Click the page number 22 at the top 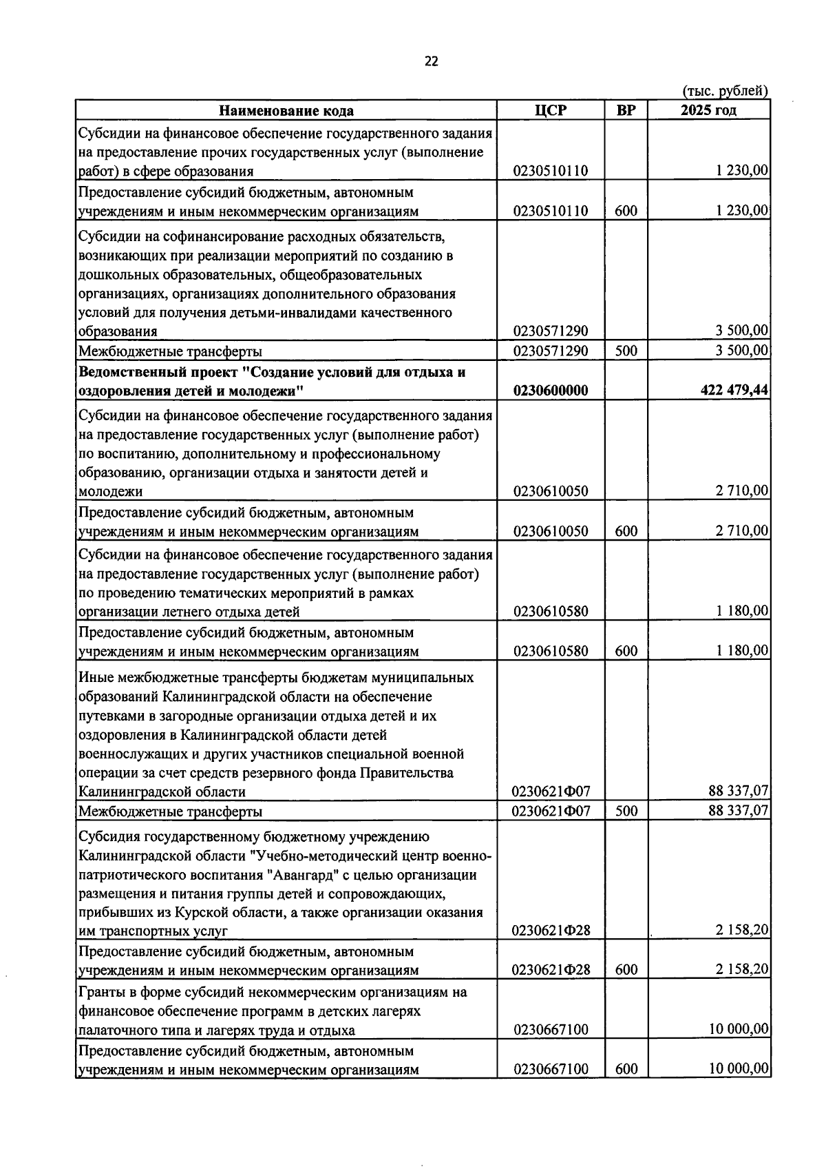click(431, 61)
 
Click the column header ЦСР click(550, 110)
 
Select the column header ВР click(626, 110)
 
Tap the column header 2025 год click(708, 110)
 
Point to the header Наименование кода click(286, 111)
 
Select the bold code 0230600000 click(551, 391)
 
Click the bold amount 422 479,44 click(734, 391)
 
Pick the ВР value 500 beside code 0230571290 click(626, 351)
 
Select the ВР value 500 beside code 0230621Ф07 click(626, 811)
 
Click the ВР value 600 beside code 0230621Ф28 click(626, 970)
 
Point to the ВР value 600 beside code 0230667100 click(626, 1069)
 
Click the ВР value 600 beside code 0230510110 click(626, 211)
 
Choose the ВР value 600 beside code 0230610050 click(626, 531)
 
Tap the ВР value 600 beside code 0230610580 click(626, 651)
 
